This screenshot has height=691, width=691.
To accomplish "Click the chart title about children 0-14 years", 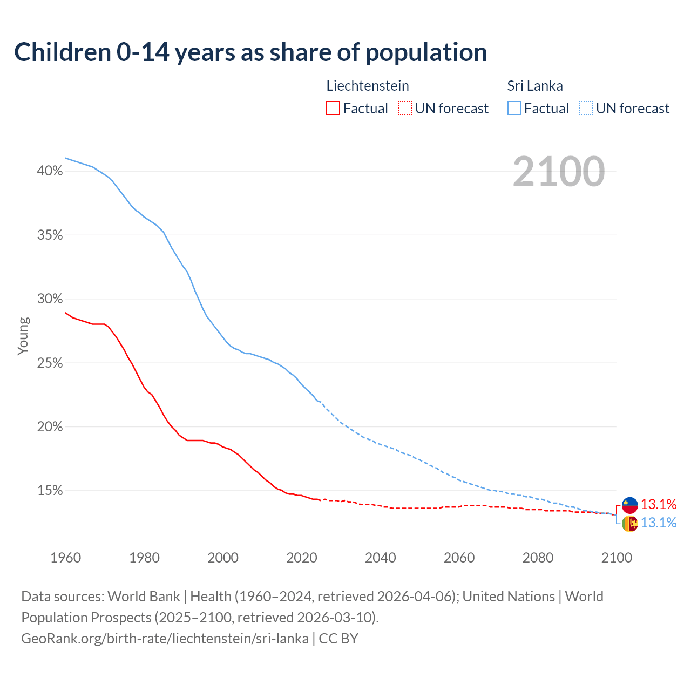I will tap(250, 52).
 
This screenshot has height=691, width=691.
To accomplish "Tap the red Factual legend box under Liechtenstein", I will tap(333, 109).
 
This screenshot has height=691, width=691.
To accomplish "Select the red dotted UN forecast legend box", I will tap(405, 109).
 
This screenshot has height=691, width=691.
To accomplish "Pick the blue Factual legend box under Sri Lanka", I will tap(514, 109).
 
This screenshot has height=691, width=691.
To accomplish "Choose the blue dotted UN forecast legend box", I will tap(586, 109).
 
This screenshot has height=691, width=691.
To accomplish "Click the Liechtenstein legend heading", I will tap(368, 86).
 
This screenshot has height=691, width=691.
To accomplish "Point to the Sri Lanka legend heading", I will tap(535, 86).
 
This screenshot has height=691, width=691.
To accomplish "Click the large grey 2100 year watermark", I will tap(559, 172).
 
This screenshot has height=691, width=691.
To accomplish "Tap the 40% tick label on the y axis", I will tap(50, 171).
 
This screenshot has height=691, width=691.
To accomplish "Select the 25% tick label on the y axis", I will tap(50, 363).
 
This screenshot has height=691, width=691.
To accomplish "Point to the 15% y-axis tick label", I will tap(50, 491).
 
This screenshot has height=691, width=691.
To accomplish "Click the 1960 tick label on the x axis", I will tap(65, 558).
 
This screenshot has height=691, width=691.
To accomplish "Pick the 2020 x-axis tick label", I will tap(302, 558).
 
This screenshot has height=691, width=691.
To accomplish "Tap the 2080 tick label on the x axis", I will tap(538, 558).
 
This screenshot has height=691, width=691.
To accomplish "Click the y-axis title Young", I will tap(23, 336).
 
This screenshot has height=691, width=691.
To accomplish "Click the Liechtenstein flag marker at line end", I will tap(629, 505).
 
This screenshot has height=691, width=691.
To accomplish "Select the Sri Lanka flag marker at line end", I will tap(629, 523).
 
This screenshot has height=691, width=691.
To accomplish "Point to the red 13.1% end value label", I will tap(659, 505).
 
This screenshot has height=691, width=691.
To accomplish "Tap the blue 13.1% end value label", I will tap(659, 523).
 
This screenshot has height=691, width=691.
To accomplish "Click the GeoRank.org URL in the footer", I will tap(165, 639).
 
